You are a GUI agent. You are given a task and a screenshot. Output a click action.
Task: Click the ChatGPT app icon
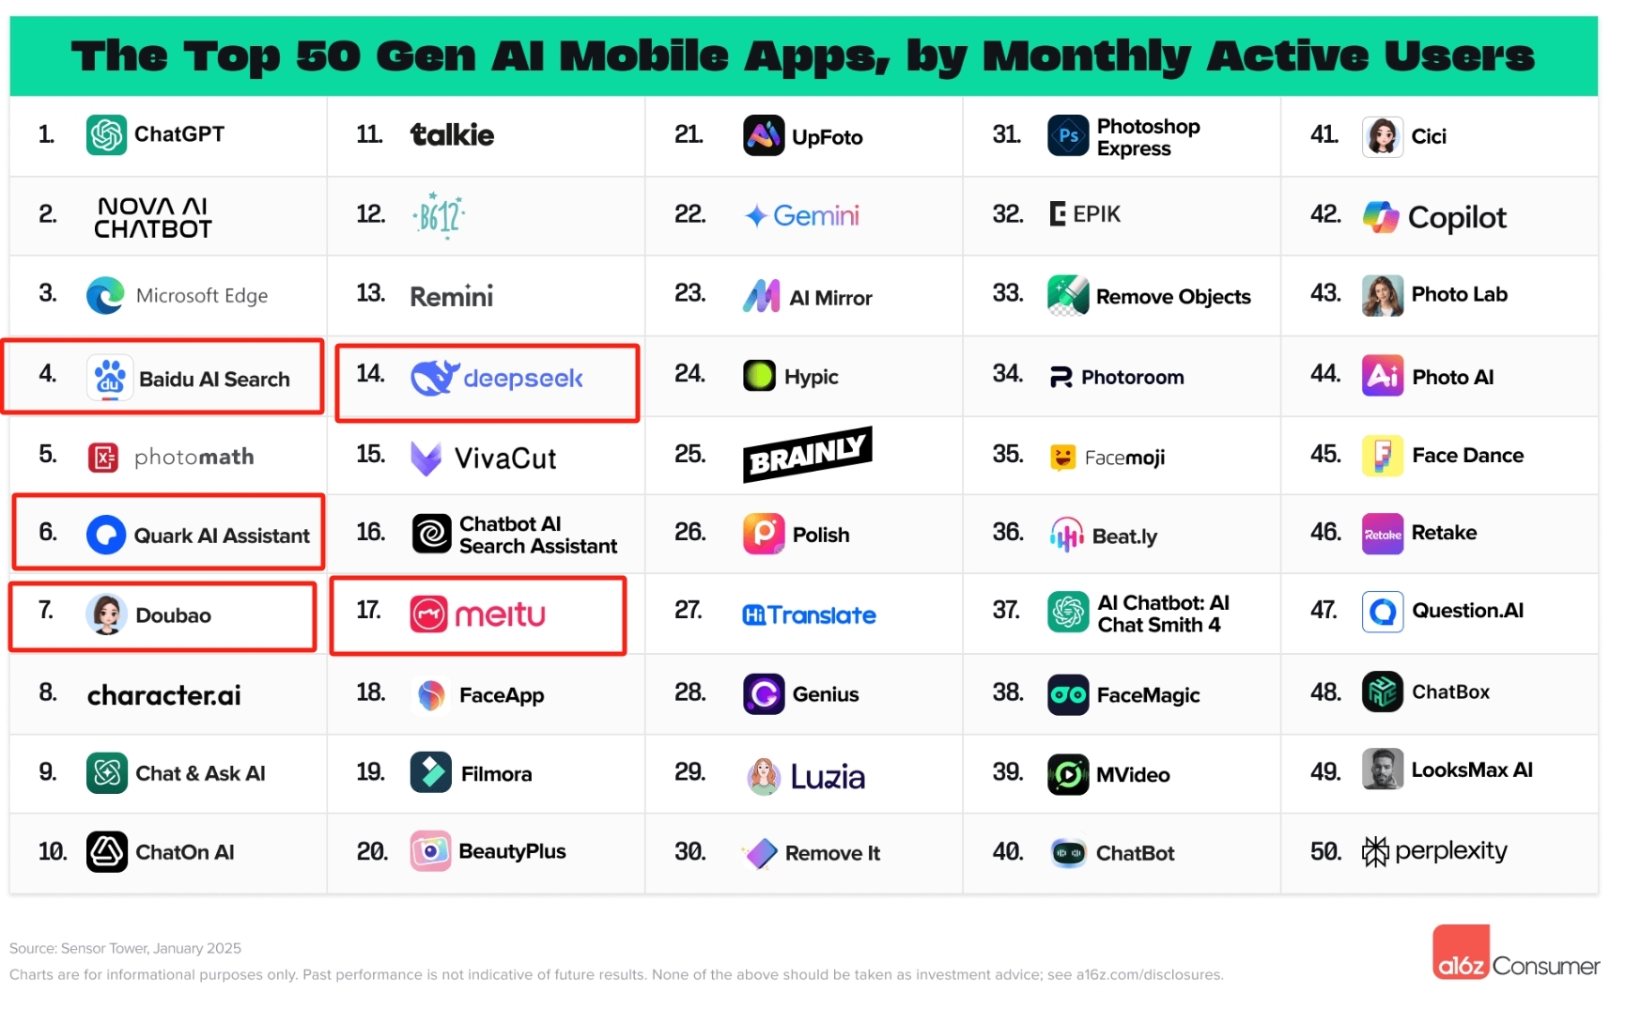(106, 134)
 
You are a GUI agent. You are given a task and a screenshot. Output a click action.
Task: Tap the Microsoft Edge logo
(105, 295)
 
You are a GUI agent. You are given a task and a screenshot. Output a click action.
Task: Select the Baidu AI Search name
(214, 380)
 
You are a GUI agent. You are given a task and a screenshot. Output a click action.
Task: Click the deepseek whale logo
(434, 378)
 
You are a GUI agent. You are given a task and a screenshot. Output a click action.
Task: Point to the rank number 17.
(369, 611)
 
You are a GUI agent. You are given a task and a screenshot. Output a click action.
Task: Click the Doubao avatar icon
(106, 614)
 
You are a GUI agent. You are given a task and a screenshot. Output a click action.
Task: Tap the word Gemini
(815, 216)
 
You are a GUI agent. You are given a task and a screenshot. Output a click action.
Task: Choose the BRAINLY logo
(807, 454)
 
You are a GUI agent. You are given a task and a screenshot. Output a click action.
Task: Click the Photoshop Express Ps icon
(1068, 136)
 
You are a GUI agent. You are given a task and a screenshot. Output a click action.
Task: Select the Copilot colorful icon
(1381, 217)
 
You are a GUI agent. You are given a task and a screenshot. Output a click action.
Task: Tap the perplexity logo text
(1450, 851)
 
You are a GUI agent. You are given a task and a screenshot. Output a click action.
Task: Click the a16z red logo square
(1461, 952)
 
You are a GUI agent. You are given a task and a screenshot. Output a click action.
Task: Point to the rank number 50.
(1324, 852)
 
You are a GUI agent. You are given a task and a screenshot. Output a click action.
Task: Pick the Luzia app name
(828, 776)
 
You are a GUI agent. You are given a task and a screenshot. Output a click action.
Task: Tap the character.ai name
(164, 695)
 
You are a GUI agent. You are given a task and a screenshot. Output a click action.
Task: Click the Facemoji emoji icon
(1062, 458)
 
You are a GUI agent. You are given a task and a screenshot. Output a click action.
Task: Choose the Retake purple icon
(1382, 534)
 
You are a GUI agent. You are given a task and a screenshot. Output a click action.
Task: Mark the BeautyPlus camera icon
(430, 851)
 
